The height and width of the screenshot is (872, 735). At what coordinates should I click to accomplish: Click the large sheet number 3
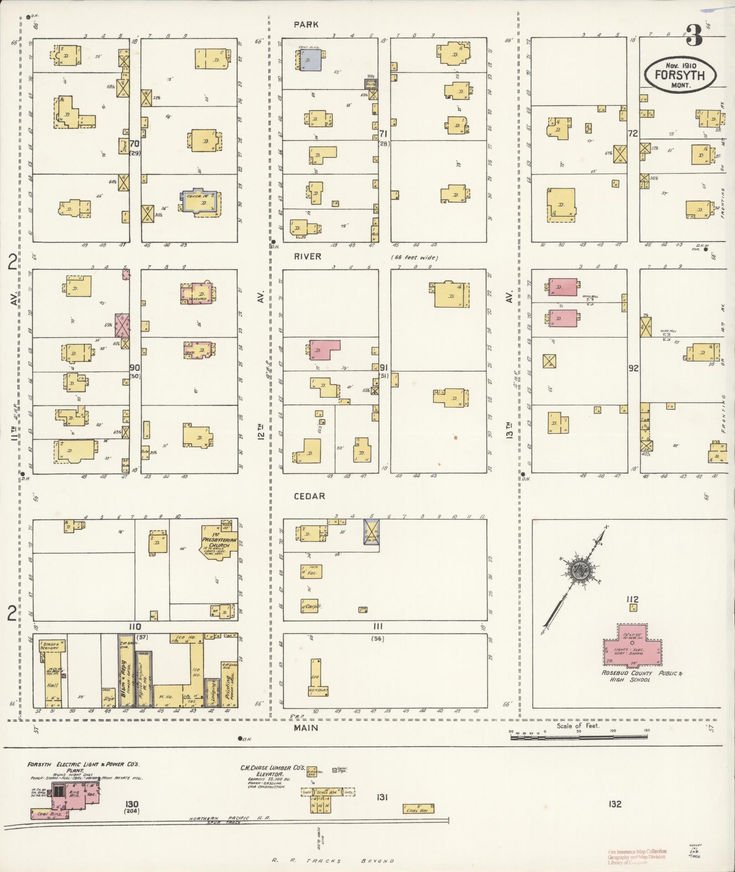click(694, 35)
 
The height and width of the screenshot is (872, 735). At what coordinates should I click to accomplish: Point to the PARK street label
click(306, 25)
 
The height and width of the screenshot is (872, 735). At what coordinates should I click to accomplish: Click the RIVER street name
click(307, 257)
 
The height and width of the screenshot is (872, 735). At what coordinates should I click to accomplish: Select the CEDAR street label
click(309, 496)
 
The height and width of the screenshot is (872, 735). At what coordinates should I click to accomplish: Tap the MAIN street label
click(306, 728)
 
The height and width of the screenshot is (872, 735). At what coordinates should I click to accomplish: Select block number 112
click(632, 599)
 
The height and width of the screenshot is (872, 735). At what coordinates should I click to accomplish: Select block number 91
click(384, 367)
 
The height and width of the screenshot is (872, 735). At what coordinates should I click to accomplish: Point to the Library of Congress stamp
click(637, 856)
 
